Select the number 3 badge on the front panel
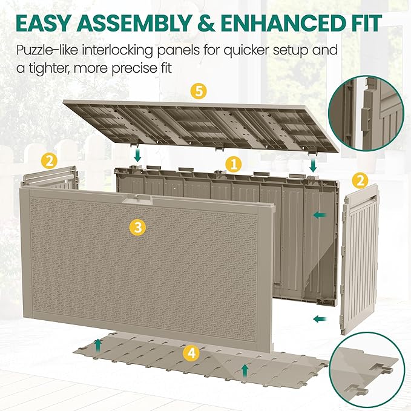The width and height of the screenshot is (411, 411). coord(139,227)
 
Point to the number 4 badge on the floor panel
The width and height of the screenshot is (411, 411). coord(191,352)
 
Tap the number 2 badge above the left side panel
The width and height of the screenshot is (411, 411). coord(49,160)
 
